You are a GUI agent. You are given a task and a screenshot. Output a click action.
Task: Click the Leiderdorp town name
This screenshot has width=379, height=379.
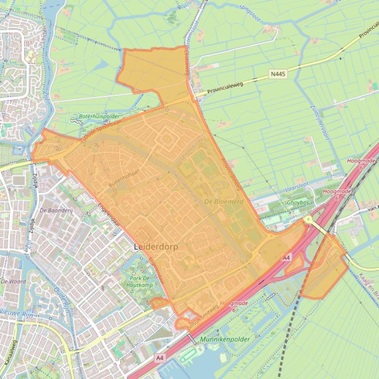click(156, 246)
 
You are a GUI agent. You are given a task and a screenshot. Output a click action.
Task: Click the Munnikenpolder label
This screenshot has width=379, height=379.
click(225, 340)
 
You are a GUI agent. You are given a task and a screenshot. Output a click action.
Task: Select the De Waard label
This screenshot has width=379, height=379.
click(13, 282)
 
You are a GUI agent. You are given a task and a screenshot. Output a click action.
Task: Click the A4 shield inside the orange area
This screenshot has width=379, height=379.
click(286, 257)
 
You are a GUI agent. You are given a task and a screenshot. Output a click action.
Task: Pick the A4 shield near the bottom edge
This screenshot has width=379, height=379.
click(159, 358)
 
